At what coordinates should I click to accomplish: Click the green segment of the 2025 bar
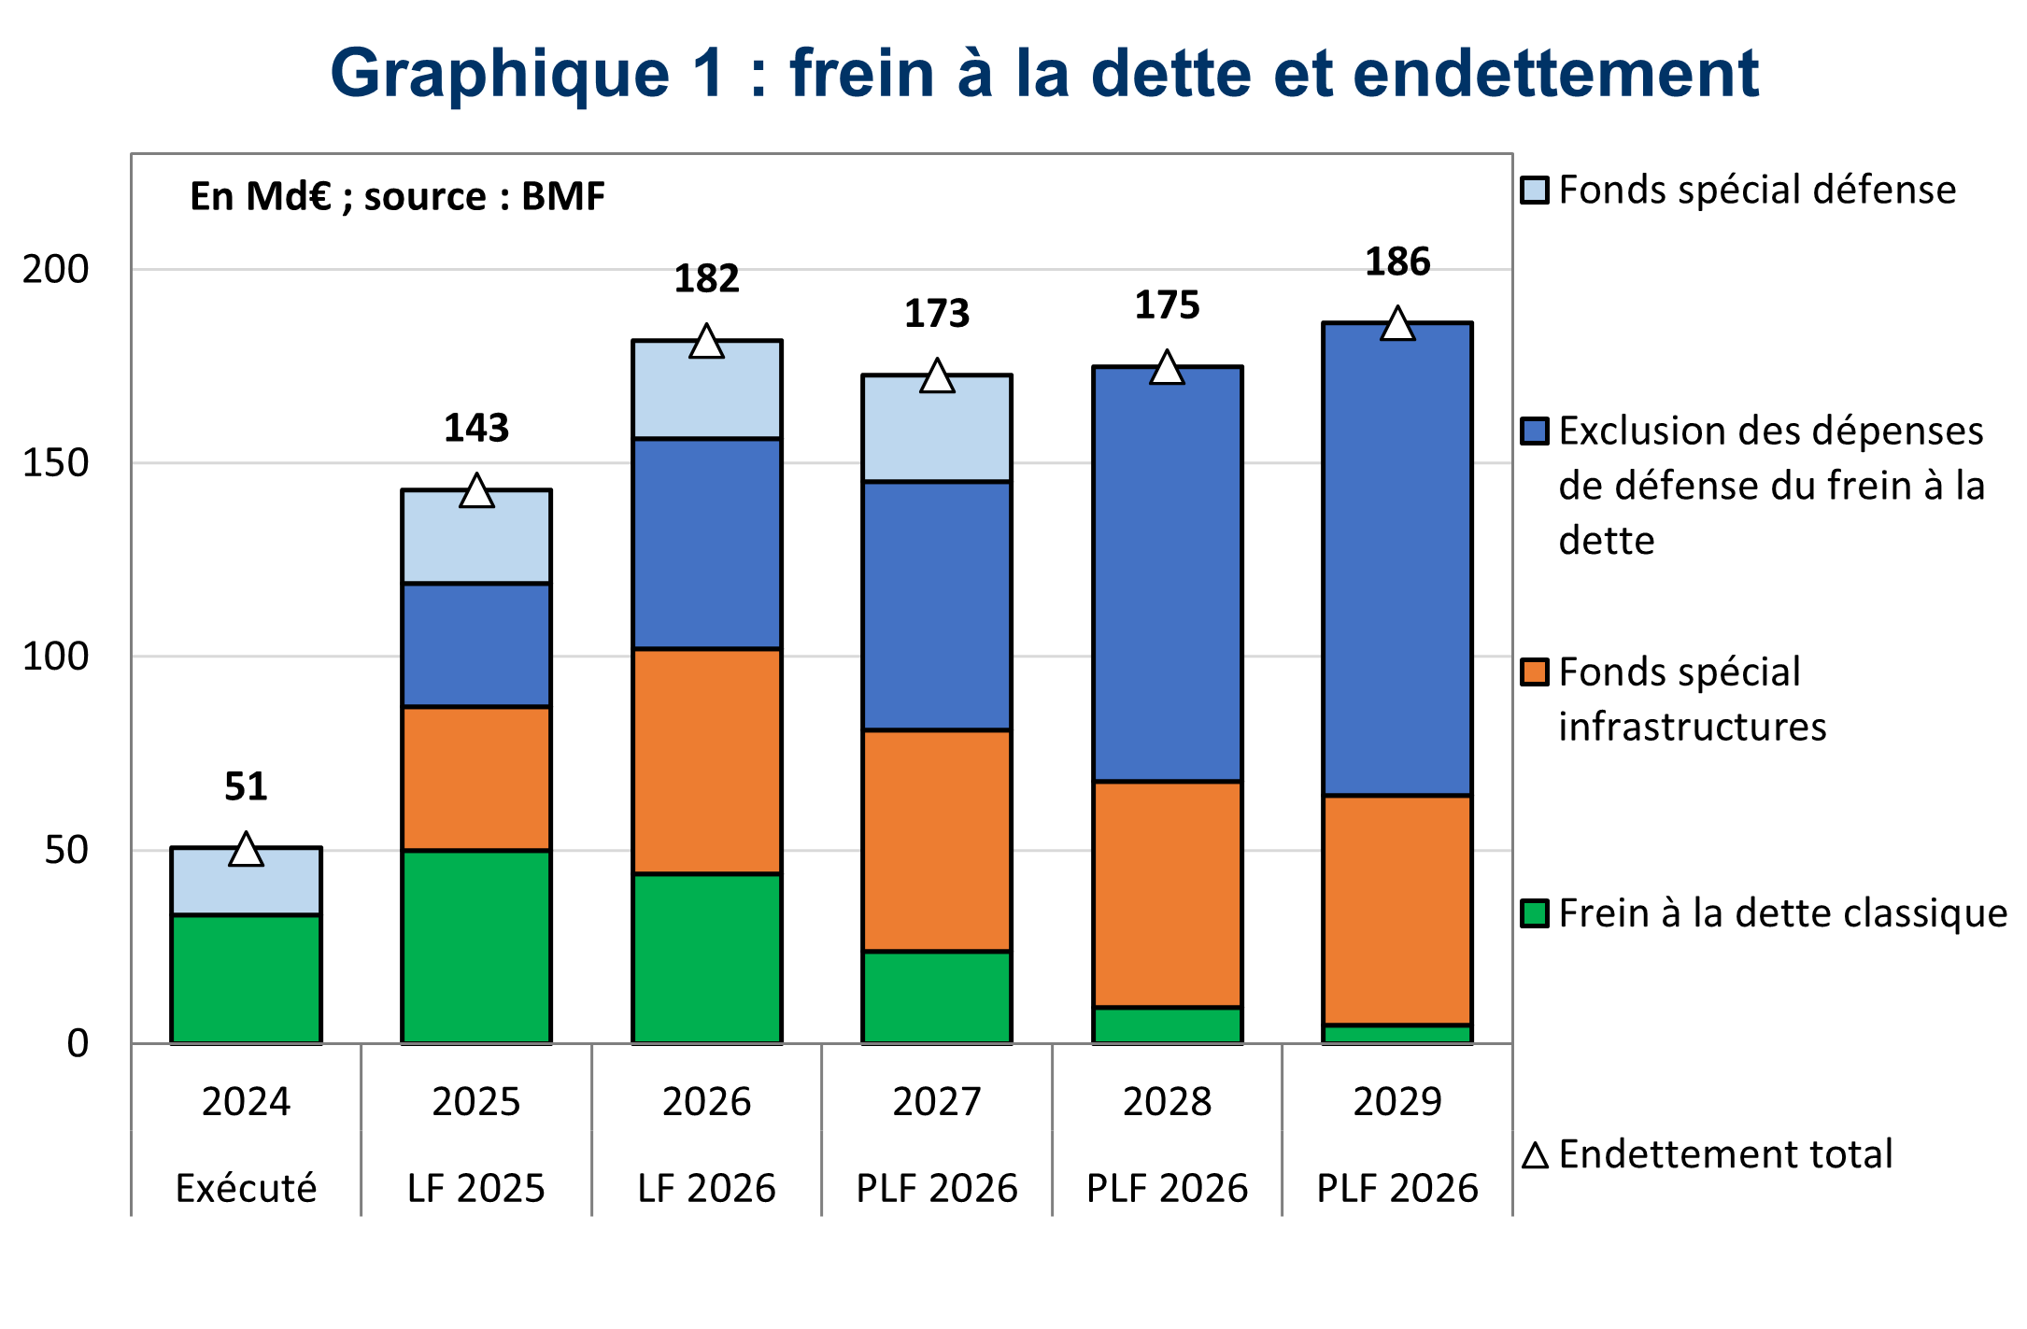click(476, 945)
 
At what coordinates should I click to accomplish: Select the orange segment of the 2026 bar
click(707, 761)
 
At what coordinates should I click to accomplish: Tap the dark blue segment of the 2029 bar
click(1397, 558)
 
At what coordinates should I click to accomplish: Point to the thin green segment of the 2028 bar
click(1168, 1025)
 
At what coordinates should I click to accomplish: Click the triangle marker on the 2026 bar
click(707, 343)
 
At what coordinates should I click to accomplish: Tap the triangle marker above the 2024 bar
click(246, 851)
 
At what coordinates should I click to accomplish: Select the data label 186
click(1397, 262)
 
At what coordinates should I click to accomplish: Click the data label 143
click(476, 429)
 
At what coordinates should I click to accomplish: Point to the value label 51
click(246, 787)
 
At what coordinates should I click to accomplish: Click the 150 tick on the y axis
click(56, 463)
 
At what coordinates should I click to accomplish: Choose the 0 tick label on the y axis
click(78, 1043)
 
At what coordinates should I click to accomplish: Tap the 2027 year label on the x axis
click(937, 1102)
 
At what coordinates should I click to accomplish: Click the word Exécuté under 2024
click(246, 1188)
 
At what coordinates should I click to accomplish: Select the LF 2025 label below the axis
click(476, 1188)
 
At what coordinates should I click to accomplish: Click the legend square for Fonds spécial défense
click(1535, 191)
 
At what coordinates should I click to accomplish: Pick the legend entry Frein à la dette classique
click(1781, 913)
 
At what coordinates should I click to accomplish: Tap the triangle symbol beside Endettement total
click(1535, 1156)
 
